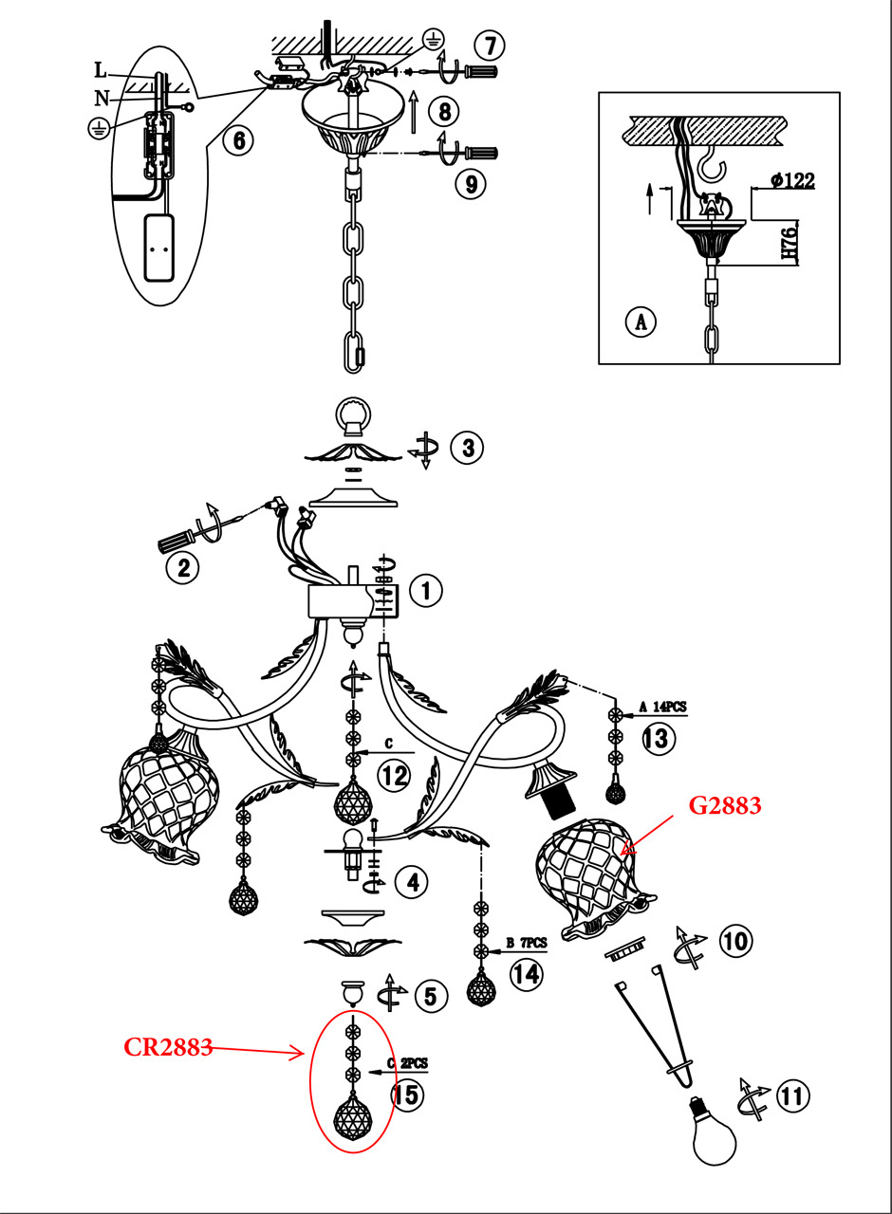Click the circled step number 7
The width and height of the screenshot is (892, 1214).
pyautogui.click(x=491, y=45)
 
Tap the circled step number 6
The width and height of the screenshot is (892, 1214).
pyautogui.click(x=238, y=140)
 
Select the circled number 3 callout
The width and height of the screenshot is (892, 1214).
pyautogui.click(x=467, y=447)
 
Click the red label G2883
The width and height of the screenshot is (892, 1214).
pyautogui.click(x=724, y=807)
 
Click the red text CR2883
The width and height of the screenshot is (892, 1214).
pyautogui.click(x=168, y=1047)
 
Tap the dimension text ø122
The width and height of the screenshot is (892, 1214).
pyautogui.click(x=787, y=181)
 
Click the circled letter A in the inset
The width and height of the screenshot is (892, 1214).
pyautogui.click(x=641, y=322)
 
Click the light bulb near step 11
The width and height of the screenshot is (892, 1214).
pyautogui.click(x=715, y=1133)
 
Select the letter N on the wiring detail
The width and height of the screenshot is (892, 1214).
pyautogui.click(x=101, y=97)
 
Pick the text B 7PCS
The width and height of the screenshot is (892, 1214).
pyautogui.click(x=526, y=944)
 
